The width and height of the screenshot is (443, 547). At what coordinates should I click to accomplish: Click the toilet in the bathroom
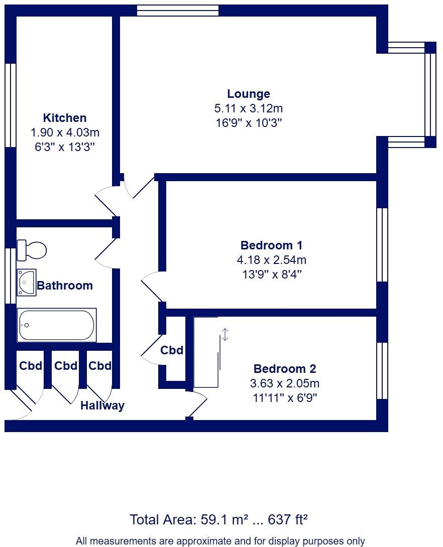click(32, 250)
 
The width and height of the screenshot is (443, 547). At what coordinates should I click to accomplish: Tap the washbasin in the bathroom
click(27, 282)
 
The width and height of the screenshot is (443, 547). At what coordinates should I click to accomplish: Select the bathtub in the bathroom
click(57, 325)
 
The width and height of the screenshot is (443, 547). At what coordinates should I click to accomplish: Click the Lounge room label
click(249, 93)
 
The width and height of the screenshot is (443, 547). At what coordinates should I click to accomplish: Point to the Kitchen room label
click(65, 117)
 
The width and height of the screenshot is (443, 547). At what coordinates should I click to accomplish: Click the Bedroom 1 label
click(271, 245)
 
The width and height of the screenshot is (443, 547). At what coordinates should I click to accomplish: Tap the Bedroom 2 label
click(284, 368)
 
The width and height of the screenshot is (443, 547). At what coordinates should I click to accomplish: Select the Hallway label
click(102, 405)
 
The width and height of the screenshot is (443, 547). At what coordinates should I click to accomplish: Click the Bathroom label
click(65, 286)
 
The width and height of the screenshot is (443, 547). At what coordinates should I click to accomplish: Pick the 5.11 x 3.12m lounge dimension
click(249, 108)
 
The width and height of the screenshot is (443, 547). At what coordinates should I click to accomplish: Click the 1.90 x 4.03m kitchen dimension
click(65, 132)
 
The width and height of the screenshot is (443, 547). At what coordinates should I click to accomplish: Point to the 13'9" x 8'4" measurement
click(272, 275)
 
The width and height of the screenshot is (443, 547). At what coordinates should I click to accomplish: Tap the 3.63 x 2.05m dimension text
click(284, 383)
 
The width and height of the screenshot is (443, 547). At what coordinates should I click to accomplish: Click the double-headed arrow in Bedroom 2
click(225, 335)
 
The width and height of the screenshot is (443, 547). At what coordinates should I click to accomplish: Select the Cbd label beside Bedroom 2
click(172, 350)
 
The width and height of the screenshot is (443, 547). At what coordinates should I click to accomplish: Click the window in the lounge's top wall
click(178, 11)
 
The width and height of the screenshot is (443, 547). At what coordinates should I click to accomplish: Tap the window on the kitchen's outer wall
click(11, 105)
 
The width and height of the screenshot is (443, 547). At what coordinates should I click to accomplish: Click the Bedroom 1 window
click(382, 245)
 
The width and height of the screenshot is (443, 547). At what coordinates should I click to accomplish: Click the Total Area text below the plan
click(218, 520)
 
